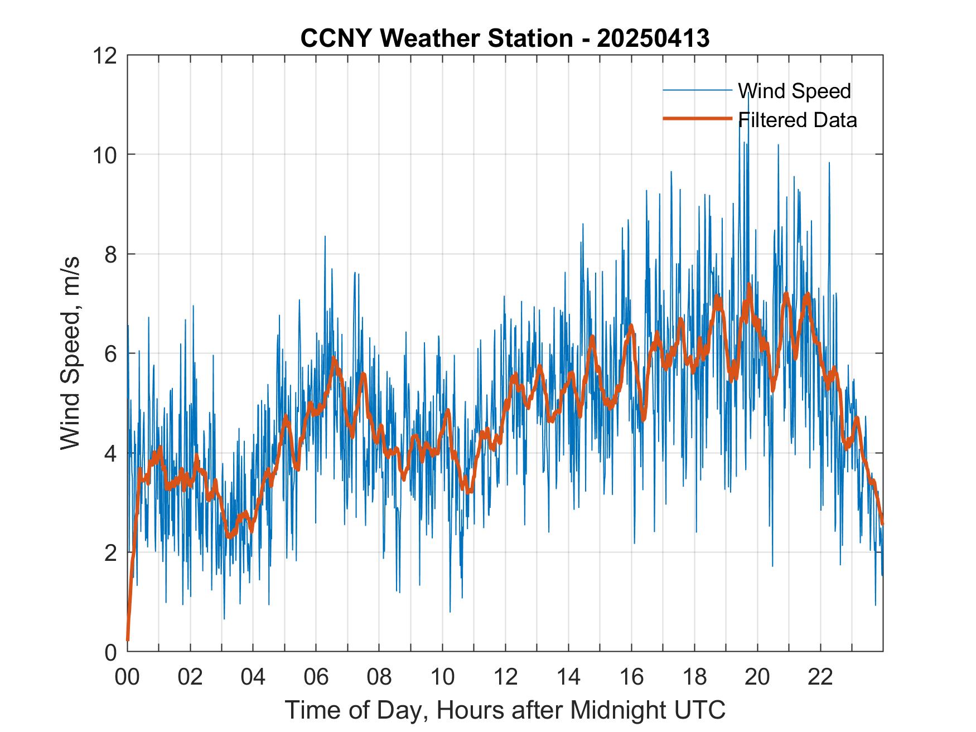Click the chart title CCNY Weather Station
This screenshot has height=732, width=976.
[x=437, y=38]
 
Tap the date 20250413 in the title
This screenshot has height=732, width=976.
[x=653, y=38]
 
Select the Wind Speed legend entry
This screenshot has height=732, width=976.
[x=794, y=91]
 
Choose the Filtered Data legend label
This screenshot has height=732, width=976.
[x=798, y=120]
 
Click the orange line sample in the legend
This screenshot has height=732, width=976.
[x=697, y=119]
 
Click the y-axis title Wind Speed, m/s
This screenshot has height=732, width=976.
[x=71, y=353]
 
